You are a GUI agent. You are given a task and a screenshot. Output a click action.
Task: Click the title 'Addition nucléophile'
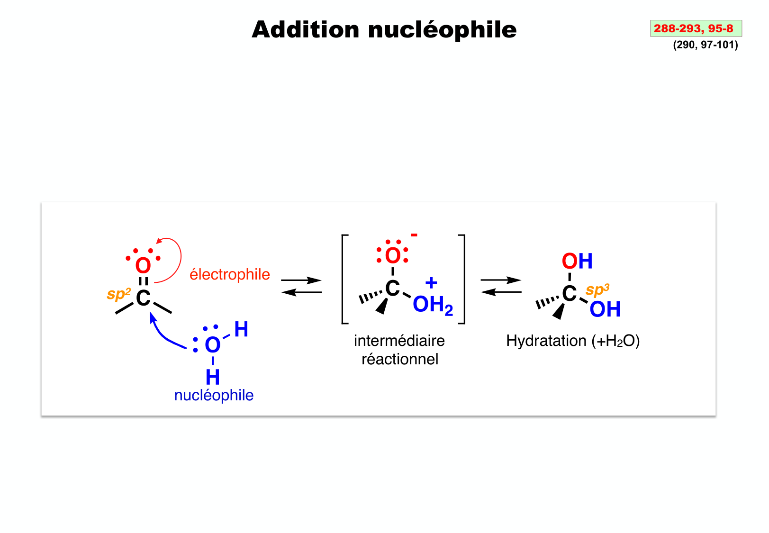384,30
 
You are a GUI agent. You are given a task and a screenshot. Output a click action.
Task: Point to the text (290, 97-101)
705,45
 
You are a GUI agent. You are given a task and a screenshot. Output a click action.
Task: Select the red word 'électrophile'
229,274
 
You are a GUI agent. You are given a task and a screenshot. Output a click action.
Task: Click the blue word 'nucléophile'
214,395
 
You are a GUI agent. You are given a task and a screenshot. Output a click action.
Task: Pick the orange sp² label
118,294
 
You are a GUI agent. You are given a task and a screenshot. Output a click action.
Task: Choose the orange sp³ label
597,290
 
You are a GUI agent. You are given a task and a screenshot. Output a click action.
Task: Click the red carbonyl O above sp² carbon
143,265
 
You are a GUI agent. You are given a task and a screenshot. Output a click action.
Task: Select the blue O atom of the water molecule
213,345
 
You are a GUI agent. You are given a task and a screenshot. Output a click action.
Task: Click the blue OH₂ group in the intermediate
432,305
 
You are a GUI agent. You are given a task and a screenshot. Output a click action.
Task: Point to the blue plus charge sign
431,283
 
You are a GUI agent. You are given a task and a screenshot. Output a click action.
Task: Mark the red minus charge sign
414,235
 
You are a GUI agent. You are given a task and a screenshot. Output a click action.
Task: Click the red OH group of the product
577,261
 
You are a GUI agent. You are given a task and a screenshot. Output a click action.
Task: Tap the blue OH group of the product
605,309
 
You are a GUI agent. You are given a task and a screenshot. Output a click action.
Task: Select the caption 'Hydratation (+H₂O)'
572,341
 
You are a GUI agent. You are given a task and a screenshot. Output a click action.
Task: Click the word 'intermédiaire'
399,341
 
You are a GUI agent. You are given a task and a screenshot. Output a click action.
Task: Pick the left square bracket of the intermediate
344,279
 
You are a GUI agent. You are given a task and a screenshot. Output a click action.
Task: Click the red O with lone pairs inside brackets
393,256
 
